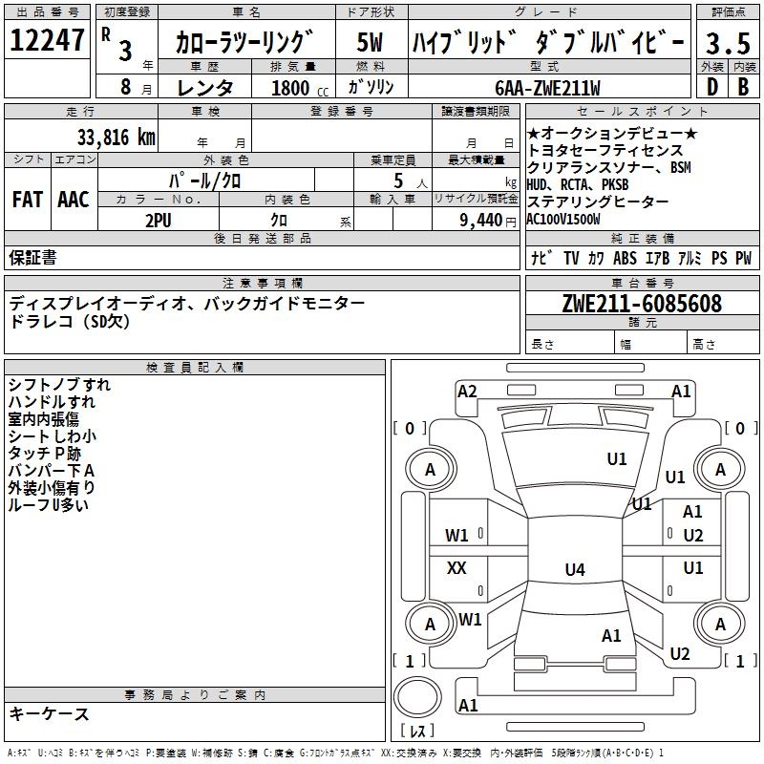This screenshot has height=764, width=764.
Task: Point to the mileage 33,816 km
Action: tap(116, 137)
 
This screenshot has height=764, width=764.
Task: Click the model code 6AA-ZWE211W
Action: tap(547, 88)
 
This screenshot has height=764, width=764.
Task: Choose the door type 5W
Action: tap(371, 43)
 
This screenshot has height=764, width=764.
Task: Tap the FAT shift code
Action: tap(27, 200)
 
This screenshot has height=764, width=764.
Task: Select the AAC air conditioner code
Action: tap(73, 200)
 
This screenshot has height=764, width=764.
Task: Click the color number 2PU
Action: tap(159, 220)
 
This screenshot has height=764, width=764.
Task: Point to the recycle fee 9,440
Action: tap(483, 220)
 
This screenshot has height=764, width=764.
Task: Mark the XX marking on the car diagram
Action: tap(456, 568)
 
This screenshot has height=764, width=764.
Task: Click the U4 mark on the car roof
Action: tap(574, 570)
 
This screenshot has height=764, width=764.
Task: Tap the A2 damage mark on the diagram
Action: tap(467, 391)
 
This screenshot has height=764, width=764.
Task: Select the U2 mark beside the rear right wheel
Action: tap(679, 654)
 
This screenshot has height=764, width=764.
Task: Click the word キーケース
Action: tap(50, 714)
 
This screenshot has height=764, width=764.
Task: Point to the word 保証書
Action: tap(32, 257)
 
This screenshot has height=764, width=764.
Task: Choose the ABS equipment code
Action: tap(625, 257)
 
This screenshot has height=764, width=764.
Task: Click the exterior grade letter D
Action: tap(711, 88)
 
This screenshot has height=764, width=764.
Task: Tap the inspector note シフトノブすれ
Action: tap(59, 385)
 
